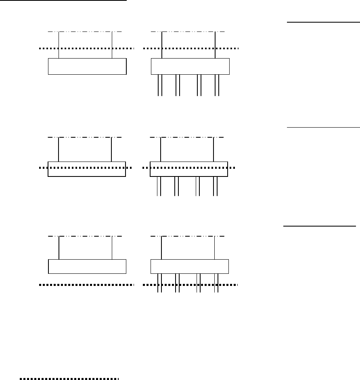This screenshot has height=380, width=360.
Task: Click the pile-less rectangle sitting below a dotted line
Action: click(87, 67)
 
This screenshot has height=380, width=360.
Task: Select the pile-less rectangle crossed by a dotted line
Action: click(87, 169)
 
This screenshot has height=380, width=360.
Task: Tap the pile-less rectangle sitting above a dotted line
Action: click(87, 267)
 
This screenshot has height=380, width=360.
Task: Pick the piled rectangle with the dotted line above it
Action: click(190, 67)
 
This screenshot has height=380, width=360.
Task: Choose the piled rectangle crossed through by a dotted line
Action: click(189, 169)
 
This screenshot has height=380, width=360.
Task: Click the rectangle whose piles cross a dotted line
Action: click(190, 267)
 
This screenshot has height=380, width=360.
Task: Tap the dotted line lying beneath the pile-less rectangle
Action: click(87, 285)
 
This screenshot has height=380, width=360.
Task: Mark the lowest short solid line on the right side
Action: click(319, 226)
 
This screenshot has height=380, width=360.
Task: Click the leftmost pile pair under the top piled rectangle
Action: click(159, 85)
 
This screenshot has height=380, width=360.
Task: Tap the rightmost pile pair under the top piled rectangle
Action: click(217, 85)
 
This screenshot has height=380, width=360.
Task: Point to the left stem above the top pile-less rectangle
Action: click(59, 45)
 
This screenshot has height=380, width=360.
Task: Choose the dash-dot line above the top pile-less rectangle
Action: click(85, 31)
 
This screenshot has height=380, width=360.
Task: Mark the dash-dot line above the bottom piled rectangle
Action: click(187, 235)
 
